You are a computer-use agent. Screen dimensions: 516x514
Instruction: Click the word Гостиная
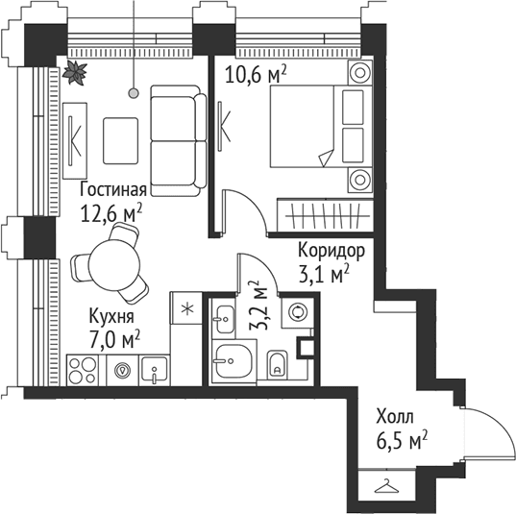tap(113, 189)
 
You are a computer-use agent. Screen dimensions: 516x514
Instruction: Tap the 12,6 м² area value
tap(111, 213)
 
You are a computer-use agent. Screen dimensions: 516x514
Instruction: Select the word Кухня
tap(111, 316)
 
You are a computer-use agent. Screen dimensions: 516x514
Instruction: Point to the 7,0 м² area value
tap(114, 340)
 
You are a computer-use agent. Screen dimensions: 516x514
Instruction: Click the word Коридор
tap(332, 252)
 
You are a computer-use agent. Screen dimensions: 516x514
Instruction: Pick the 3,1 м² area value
tap(324, 275)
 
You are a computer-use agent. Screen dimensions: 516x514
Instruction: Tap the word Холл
tap(395, 417)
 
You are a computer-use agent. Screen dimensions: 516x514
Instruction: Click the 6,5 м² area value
tap(402, 440)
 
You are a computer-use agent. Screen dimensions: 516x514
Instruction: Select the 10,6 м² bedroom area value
tap(256, 75)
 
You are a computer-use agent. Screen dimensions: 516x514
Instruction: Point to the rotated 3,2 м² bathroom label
tap(258, 306)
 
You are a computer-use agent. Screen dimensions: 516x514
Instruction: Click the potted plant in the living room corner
tap(75, 73)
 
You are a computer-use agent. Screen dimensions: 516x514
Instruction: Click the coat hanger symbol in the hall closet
tap(387, 486)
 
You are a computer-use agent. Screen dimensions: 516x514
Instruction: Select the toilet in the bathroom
tap(278, 363)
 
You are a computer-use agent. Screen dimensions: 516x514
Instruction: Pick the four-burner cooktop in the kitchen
tap(83, 370)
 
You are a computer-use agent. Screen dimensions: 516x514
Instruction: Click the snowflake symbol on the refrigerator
tap(188, 309)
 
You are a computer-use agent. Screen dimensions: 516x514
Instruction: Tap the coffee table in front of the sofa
tap(120, 141)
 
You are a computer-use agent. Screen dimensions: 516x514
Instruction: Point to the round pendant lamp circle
tap(134, 93)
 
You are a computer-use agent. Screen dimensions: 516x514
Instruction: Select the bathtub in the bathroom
tap(234, 361)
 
